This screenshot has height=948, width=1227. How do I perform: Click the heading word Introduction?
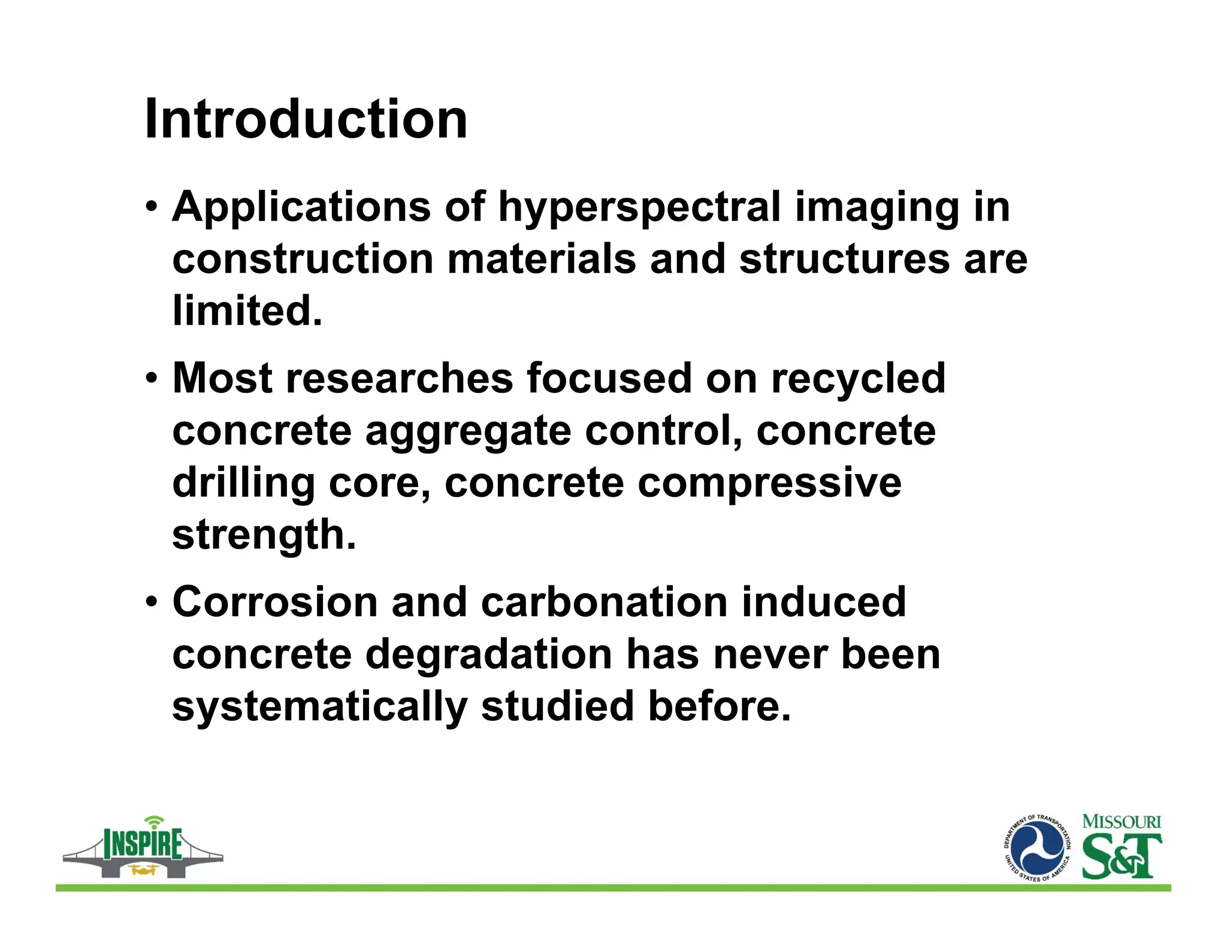pyautogui.click(x=306, y=119)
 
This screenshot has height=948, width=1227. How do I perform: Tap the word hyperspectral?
pyautogui.click(x=639, y=207)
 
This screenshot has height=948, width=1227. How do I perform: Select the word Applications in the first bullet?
pyautogui.click(x=301, y=207)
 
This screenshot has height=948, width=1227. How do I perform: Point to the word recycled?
pyautogui.click(x=858, y=379)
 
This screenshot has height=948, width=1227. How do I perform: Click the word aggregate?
pyautogui.click(x=468, y=431)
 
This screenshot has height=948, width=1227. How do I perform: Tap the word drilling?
pyautogui.click(x=243, y=483)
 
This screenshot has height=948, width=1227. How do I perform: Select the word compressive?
pyautogui.click(x=769, y=483)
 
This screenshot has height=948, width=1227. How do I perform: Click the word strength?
pyautogui.click(x=264, y=535)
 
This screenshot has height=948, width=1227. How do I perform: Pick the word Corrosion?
pyautogui.click(x=275, y=602)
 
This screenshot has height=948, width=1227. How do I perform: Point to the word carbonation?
pyautogui.click(x=604, y=602)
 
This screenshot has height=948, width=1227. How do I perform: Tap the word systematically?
pyautogui.click(x=319, y=706)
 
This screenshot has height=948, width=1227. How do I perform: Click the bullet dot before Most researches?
pyautogui.click(x=152, y=379)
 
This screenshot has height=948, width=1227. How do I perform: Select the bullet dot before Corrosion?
pyautogui.click(x=152, y=602)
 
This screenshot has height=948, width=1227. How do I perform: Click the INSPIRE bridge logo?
pyautogui.click(x=143, y=847)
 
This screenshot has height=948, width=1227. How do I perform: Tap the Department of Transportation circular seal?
pyautogui.click(x=1037, y=849)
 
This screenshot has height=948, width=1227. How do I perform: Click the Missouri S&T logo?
pyautogui.click(x=1121, y=846)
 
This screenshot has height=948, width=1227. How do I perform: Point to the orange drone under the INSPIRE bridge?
pyautogui.click(x=143, y=869)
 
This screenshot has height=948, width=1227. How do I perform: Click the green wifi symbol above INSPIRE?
pyautogui.click(x=155, y=820)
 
